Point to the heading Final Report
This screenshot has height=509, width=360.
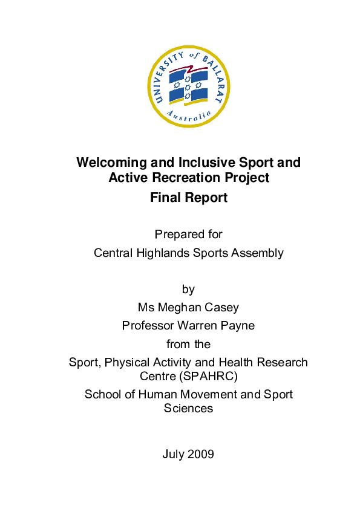(188, 197)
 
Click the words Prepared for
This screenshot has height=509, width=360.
(188, 234)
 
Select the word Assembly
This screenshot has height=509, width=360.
(258, 253)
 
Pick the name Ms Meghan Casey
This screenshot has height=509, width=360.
(188, 307)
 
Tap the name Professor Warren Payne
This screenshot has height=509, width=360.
(188, 325)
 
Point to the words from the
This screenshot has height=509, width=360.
(188, 344)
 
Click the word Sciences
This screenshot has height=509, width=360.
(188, 408)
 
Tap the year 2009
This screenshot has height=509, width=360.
(200, 454)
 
